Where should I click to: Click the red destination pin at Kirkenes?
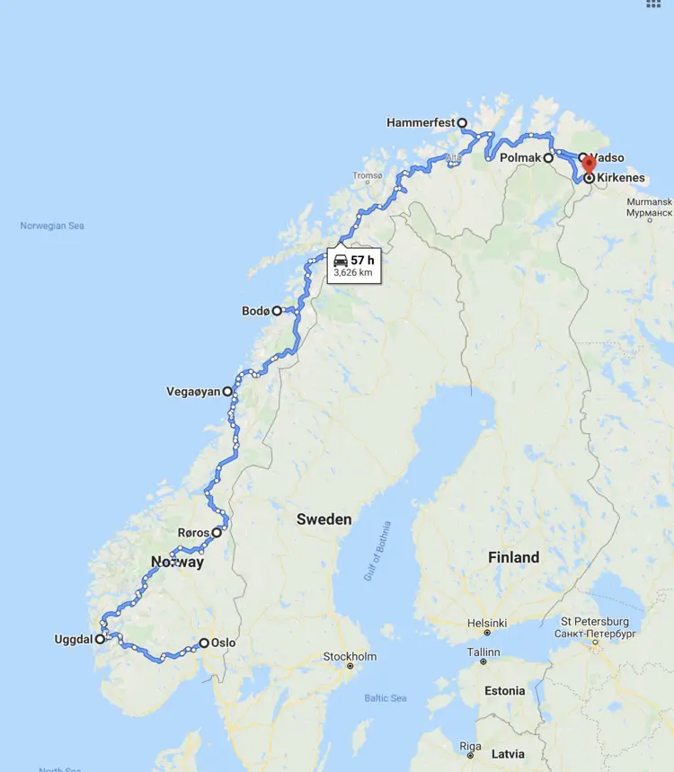(589, 164)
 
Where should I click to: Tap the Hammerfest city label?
(421, 122)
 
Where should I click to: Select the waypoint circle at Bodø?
(277, 311)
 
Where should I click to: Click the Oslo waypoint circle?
(204, 643)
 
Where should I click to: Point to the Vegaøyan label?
(193, 392)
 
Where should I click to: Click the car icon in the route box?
(341, 261)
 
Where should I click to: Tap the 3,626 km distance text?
(352, 272)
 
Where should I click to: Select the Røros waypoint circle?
(217, 532)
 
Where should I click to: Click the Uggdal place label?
(72, 640)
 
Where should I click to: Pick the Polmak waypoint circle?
(548, 157)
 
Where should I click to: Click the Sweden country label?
(324, 519)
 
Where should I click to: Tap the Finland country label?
(513, 557)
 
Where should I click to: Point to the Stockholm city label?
(350, 656)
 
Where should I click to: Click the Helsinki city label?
(485, 623)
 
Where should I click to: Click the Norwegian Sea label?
(52, 226)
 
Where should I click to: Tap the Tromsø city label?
(368, 176)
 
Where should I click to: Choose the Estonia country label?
(503, 691)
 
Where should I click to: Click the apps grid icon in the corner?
(653, 4)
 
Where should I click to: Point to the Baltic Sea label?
(385, 698)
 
